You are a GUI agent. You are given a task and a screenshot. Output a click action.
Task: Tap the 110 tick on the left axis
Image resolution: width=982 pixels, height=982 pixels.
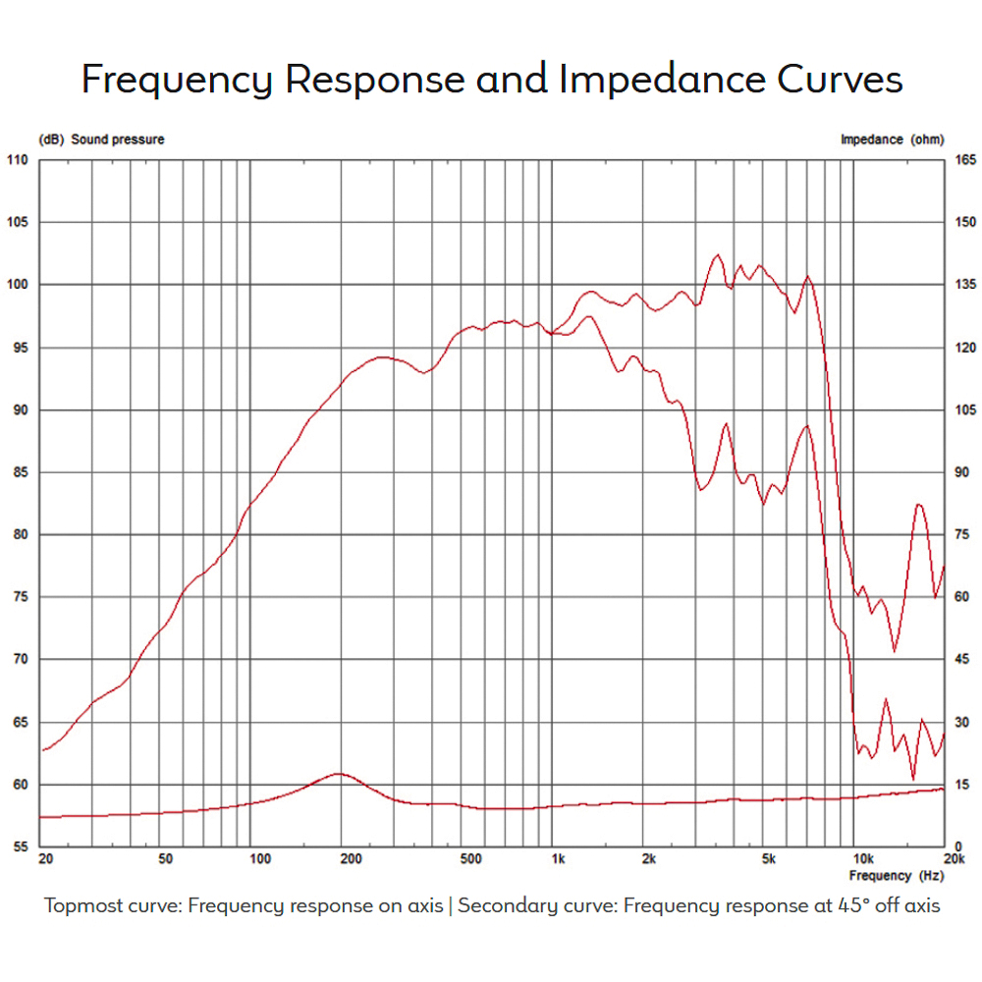(x=18, y=160)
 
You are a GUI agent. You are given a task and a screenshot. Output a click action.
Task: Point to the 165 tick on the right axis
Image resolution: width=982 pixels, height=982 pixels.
(x=963, y=160)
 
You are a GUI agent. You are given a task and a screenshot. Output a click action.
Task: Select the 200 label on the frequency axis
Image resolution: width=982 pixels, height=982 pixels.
(x=352, y=859)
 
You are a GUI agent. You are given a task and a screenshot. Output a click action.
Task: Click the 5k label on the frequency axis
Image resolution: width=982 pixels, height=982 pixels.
(x=769, y=859)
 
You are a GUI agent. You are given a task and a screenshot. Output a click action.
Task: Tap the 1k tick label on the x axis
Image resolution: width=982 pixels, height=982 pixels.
(x=558, y=859)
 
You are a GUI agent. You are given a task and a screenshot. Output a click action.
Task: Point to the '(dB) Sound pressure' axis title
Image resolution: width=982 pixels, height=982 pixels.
(x=101, y=139)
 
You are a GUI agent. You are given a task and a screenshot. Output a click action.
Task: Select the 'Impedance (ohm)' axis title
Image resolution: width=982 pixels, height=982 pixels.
(x=892, y=139)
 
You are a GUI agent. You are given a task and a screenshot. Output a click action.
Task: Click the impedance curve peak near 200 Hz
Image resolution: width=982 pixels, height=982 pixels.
(x=339, y=774)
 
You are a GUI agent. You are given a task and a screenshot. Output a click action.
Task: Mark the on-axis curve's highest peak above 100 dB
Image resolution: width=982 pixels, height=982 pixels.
(x=717, y=255)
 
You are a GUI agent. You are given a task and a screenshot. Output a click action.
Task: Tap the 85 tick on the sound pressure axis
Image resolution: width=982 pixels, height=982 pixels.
(x=20, y=472)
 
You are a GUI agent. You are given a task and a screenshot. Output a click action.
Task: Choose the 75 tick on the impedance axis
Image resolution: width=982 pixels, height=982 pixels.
(x=963, y=535)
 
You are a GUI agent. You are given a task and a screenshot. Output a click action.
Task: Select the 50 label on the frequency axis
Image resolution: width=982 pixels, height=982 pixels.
(x=165, y=859)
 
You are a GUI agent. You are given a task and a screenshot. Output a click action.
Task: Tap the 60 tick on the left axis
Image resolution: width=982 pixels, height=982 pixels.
(x=20, y=785)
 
